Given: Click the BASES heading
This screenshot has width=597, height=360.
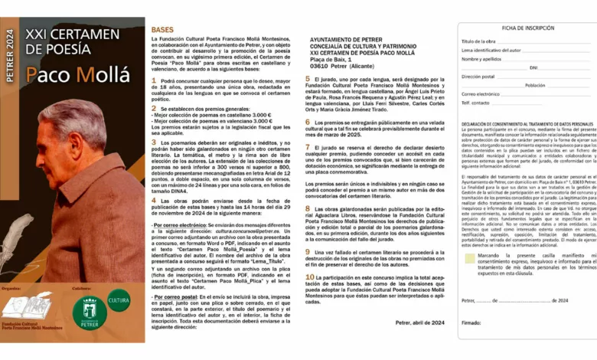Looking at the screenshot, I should pyautogui.click(x=163, y=29).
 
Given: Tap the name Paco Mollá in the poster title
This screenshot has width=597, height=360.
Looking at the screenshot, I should pyautogui.click(x=73, y=74).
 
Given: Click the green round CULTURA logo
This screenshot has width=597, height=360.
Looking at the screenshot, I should pyautogui.click(x=118, y=301).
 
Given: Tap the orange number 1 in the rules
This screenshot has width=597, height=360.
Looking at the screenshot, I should pyautogui.click(x=154, y=79).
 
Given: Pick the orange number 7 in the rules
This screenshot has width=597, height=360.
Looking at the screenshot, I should pyautogui.click(x=308, y=146).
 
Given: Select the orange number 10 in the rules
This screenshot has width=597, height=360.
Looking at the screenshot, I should pyautogui.click(x=309, y=277).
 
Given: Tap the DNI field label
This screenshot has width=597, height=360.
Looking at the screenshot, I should pyautogui.click(x=533, y=67).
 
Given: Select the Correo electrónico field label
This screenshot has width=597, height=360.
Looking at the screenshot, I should pyautogui.click(x=481, y=94).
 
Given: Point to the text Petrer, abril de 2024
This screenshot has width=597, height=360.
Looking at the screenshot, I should pyautogui.click(x=415, y=323).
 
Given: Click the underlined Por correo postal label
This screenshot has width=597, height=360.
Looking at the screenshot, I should pyautogui.click(x=175, y=295).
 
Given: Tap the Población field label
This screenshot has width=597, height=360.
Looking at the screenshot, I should pyautogui.click(x=535, y=85).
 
